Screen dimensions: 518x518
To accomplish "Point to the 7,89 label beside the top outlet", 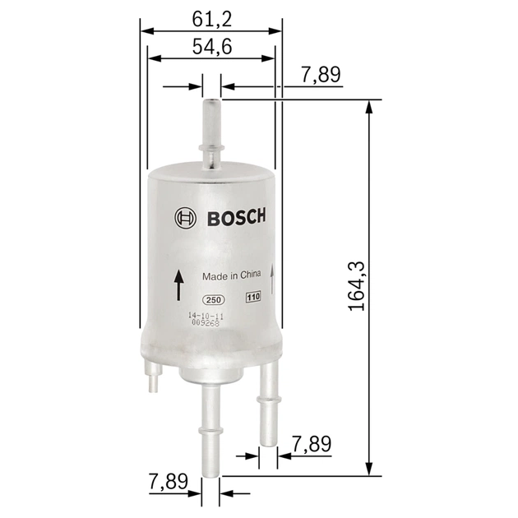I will (321, 76).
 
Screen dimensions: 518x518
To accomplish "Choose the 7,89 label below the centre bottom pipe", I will (168, 482).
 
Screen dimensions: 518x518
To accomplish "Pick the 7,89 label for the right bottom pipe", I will (312, 444).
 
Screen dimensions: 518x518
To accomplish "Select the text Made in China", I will (231, 276).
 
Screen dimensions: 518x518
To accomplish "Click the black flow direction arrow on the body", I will (178, 285).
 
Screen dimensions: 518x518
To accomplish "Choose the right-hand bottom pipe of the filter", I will (268, 403).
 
